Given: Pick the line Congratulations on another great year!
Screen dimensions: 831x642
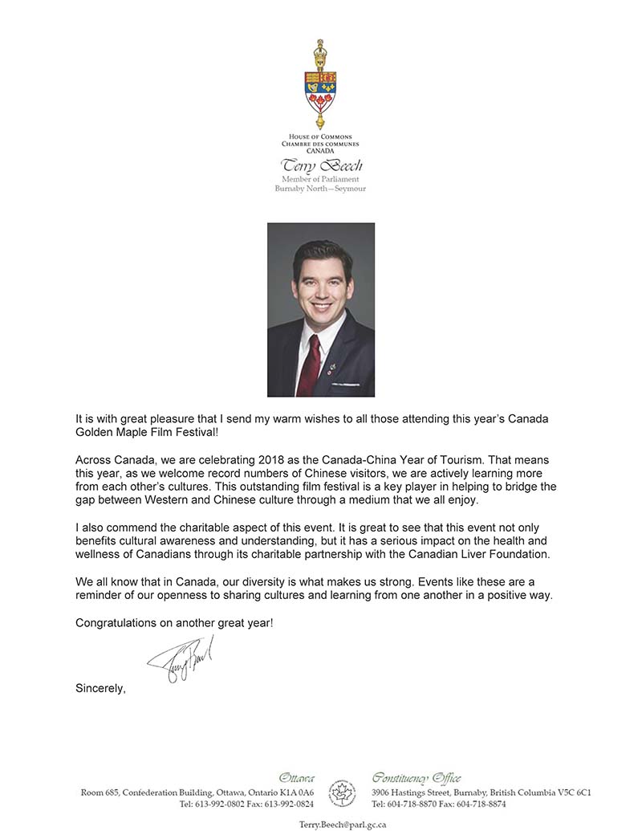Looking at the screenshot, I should click(x=174, y=622).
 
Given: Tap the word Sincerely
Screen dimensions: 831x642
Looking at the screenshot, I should click(x=100, y=687).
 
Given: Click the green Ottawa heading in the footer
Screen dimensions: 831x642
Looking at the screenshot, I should click(x=296, y=778).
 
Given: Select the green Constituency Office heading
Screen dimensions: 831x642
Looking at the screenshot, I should click(x=416, y=778).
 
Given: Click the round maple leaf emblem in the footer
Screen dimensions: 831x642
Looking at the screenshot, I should click(x=343, y=793).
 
